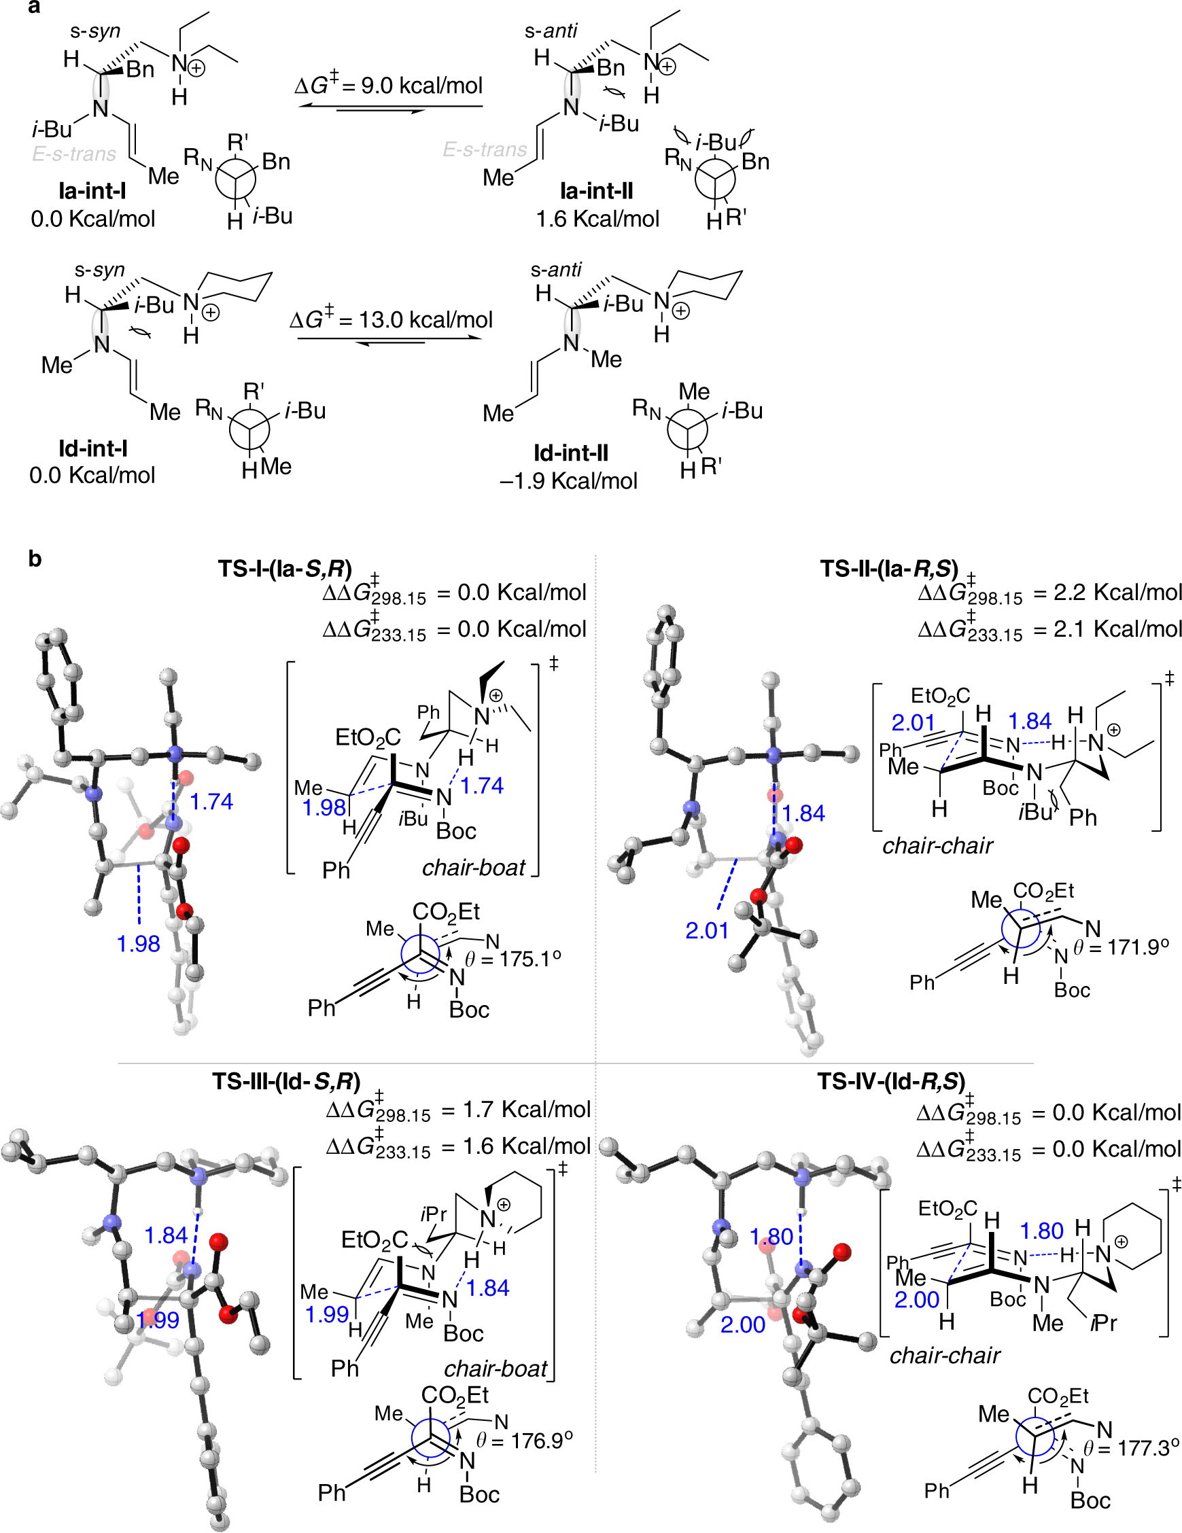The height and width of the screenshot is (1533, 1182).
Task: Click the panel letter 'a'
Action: click(x=34, y=7)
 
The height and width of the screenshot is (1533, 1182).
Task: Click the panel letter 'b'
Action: click(x=35, y=559)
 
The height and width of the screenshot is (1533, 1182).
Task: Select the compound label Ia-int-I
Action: click(x=92, y=191)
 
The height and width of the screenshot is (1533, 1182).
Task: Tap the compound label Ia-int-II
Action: click(x=596, y=191)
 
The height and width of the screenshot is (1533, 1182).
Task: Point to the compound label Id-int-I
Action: click(x=92, y=448)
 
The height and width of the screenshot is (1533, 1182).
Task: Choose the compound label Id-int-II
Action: click(x=570, y=453)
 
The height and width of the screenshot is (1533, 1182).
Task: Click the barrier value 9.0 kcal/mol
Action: click(x=389, y=86)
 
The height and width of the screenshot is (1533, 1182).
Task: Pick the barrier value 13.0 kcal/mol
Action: click(x=391, y=320)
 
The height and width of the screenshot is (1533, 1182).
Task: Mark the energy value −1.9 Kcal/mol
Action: click(x=568, y=481)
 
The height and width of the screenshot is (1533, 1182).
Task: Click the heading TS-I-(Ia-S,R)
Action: click(x=284, y=569)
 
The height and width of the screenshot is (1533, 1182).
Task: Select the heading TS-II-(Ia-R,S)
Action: click(x=888, y=569)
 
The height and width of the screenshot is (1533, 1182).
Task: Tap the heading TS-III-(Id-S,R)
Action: click(x=285, y=1082)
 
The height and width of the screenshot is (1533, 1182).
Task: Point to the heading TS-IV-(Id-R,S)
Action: click(x=890, y=1082)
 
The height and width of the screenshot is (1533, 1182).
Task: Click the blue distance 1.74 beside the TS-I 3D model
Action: click(x=211, y=802)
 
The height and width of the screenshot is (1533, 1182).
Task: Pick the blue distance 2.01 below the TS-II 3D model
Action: click(x=707, y=931)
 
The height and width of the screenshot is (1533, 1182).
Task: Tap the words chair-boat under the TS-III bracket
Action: click(x=495, y=1369)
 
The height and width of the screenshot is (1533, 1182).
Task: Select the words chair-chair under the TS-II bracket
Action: click(x=937, y=846)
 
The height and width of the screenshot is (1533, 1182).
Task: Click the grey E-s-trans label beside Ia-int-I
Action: click(x=73, y=154)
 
